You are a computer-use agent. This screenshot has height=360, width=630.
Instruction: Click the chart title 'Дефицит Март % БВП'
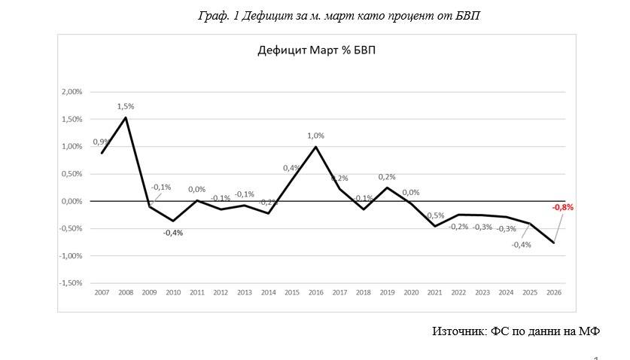[311, 51]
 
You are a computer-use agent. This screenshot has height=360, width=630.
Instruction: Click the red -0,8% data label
[562, 207]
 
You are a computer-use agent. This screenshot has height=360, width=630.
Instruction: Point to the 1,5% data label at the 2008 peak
[125, 106]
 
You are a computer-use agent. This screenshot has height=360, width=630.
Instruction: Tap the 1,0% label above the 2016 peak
[315, 136]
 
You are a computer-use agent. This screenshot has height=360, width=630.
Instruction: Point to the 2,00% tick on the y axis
[72, 92]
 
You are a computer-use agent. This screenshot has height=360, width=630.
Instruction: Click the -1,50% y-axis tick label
[71, 283]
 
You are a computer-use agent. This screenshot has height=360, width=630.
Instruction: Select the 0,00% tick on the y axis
[72, 201]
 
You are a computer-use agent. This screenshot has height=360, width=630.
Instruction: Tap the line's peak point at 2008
[125, 117]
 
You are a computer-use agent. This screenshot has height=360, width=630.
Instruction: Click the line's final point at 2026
[554, 243]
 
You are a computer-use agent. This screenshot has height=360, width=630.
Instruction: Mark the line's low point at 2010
[173, 221]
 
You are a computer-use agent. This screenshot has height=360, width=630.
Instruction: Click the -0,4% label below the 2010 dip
[173, 233]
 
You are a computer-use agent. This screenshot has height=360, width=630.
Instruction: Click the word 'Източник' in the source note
[458, 331]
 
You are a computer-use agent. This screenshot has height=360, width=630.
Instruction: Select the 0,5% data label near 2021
[436, 215]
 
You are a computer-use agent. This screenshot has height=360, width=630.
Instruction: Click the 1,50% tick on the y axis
[72, 119]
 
